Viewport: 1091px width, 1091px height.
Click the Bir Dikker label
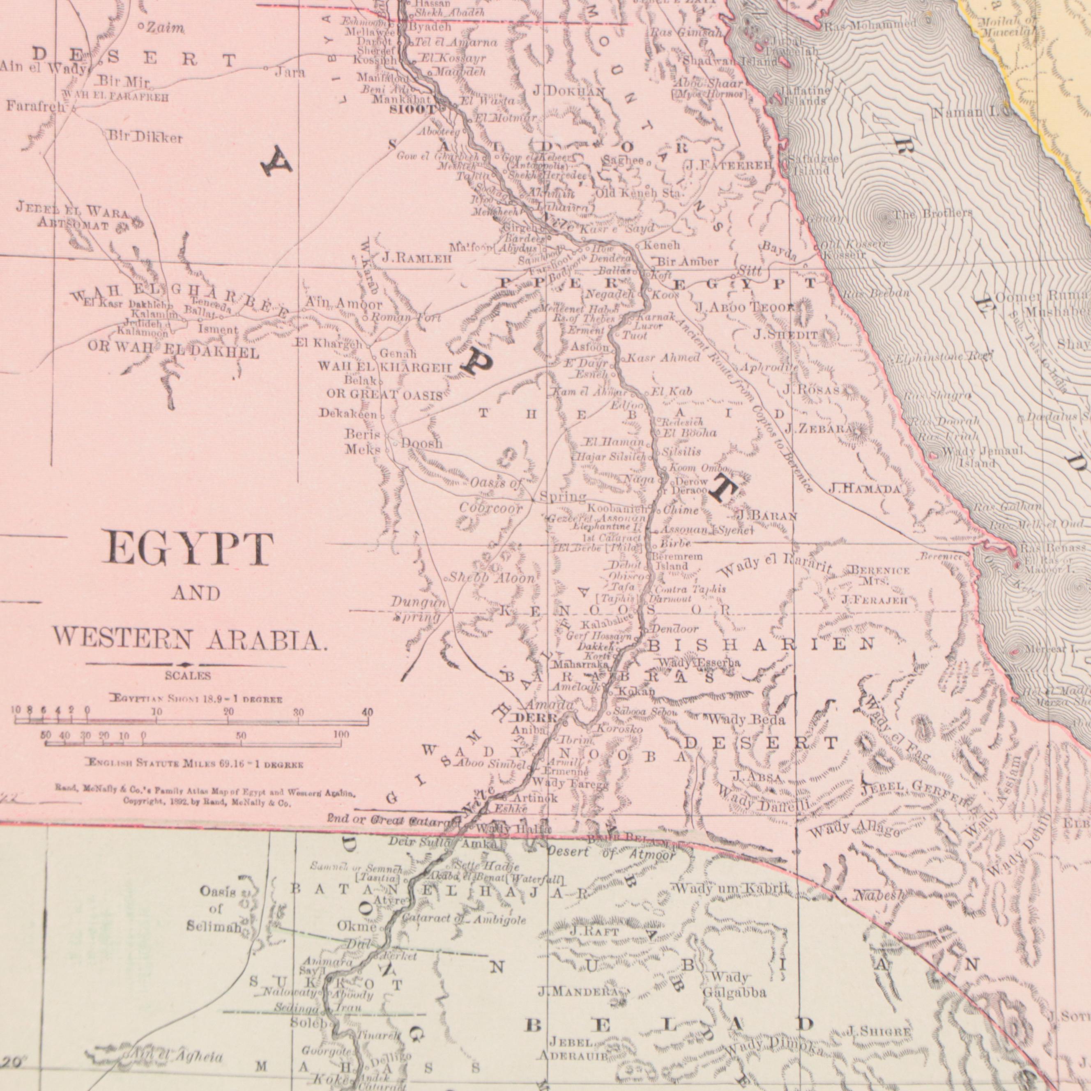point(145,138)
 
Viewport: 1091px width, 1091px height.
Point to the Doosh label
point(422,444)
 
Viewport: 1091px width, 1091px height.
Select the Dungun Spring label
point(417,610)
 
